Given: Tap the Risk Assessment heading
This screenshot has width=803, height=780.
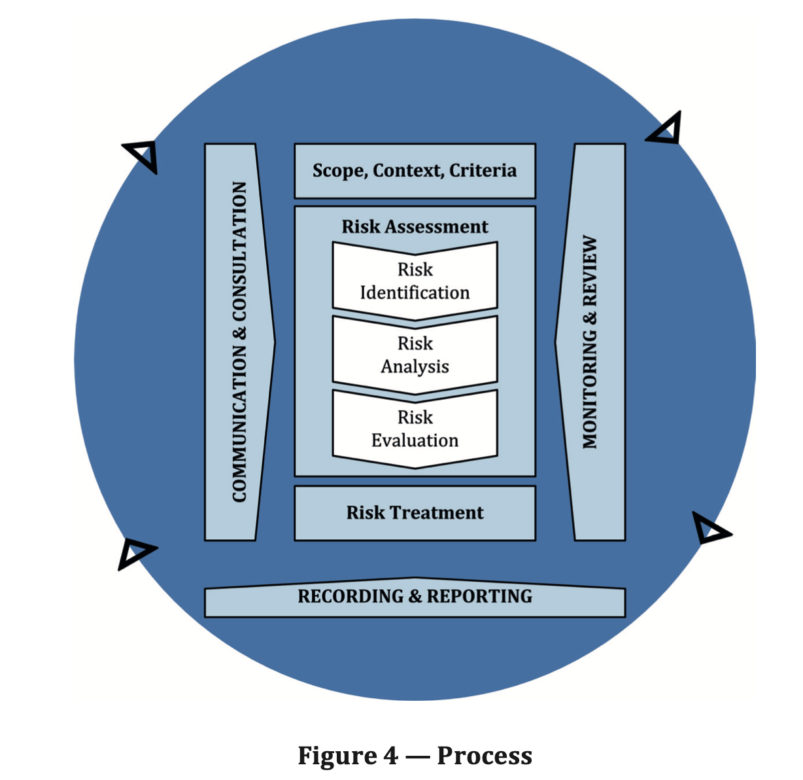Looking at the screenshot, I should (x=415, y=226).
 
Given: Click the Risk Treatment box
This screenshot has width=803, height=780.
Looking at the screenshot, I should (x=415, y=512).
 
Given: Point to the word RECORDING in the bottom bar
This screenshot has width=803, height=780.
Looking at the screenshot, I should (x=350, y=596).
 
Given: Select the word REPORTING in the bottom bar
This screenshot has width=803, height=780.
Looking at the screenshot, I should (x=479, y=596).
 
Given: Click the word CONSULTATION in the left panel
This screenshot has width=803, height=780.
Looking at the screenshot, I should (x=240, y=252).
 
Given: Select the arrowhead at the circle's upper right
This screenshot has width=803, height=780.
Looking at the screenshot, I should (x=667, y=130).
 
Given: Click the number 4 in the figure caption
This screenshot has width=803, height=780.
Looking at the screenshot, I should (x=390, y=755).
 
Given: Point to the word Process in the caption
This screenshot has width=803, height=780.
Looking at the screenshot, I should (x=485, y=755).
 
